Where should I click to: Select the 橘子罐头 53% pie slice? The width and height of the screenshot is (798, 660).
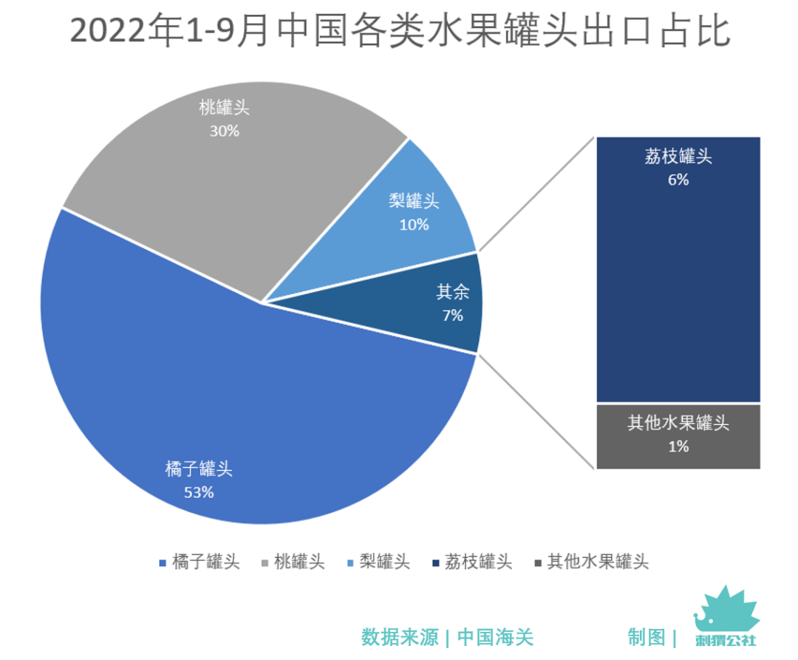pyautogui.click(x=244, y=414)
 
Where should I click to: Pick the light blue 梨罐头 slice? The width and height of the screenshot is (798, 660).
pyautogui.click(x=421, y=214)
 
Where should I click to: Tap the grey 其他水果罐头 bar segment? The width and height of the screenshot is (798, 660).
pyautogui.click(x=678, y=435)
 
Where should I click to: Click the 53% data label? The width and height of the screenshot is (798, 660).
pyautogui.click(x=199, y=492)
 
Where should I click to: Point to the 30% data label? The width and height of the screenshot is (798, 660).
pyautogui.click(x=224, y=131)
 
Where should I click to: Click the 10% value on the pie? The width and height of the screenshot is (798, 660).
pyautogui.click(x=414, y=225)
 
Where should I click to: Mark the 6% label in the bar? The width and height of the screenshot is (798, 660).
pyautogui.click(x=678, y=180)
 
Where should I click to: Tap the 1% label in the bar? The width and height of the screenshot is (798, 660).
pyautogui.click(x=678, y=446)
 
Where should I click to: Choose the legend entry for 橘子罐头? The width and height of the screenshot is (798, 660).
pyautogui.click(x=199, y=562)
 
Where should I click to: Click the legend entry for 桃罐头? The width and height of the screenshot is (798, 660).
pyautogui.click(x=293, y=562)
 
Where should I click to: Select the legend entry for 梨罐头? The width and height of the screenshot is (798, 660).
pyautogui.click(x=378, y=562)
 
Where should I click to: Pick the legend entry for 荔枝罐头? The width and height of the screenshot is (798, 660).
pyautogui.click(x=473, y=562)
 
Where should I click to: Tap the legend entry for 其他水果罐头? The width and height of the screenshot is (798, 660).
pyautogui.click(x=590, y=562)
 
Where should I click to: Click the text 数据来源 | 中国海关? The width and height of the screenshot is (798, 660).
pyautogui.click(x=447, y=637)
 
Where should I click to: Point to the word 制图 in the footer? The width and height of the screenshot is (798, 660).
pyautogui.click(x=647, y=637)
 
